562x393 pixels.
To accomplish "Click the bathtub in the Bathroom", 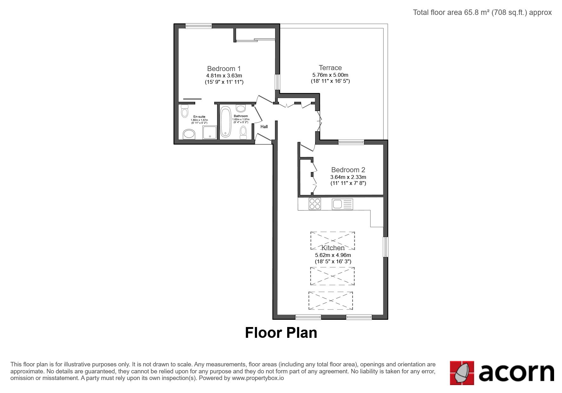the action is [x=225, y=121].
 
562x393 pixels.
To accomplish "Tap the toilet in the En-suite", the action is [x=185, y=111].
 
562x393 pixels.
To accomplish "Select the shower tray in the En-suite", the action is [x=210, y=133].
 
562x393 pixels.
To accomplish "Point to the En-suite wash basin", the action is [x=189, y=134].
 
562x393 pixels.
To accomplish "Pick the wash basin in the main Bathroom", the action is [x=241, y=108].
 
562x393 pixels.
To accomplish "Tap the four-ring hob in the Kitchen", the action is [x=315, y=204].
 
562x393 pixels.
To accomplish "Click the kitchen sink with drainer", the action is [x=342, y=204].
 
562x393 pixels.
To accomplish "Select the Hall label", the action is [x=264, y=127].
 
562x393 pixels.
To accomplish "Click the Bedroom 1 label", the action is [x=224, y=69].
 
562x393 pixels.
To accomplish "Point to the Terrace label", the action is [x=330, y=68].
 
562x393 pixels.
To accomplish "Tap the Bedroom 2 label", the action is [x=348, y=170].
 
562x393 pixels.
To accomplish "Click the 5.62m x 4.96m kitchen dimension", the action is [x=333, y=255].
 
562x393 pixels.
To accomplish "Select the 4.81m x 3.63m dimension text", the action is [x=224, y=75].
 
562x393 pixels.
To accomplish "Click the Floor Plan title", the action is [x=281, y=333].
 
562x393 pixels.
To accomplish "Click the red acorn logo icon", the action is [x=462, y=373].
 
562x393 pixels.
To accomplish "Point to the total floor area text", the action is [x=482, y=12].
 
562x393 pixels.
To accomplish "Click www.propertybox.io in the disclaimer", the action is [x=258, y=378].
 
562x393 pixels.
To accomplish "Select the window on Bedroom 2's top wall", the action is [x=351, y=142].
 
